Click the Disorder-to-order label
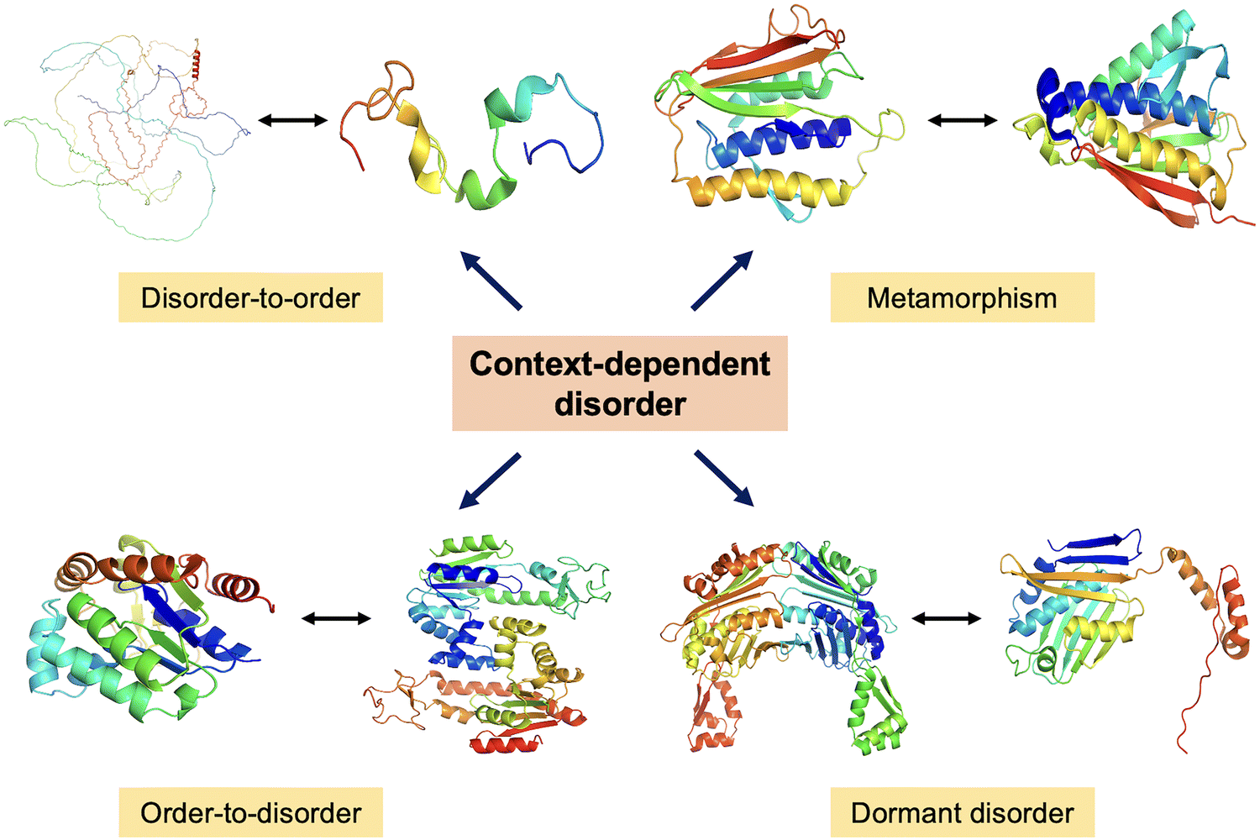(x=250, y=297)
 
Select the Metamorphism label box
(x=962, y=297)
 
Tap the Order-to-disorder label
(x=250, y=812)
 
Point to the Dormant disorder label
(x=962, y=812)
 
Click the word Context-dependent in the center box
(x=620, y=364)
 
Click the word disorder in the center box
(x=620, y=404)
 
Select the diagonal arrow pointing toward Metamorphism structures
(x=722, y=281)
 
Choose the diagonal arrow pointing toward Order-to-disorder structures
(x=491, y=481)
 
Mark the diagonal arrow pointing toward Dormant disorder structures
(x=723, y=478)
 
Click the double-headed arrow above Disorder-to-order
(x=292, y=120)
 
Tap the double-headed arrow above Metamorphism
(x=963, y=120)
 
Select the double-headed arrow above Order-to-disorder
(x=336, y=619)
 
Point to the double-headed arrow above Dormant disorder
(x=946, y=619)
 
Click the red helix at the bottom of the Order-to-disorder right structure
(x=504, y=744)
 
